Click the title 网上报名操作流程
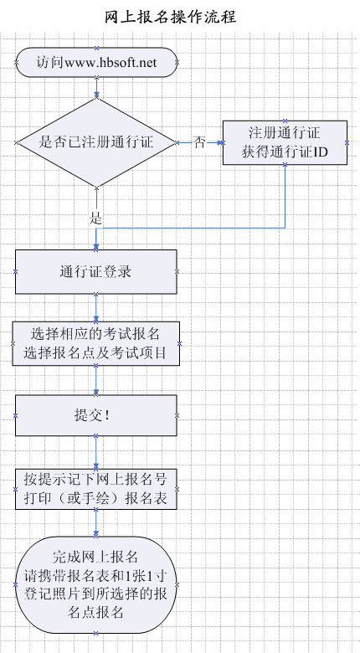(171, 17)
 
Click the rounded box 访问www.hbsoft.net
(96, 63)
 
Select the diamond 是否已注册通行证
(96, 142)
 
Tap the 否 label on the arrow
(199, 143)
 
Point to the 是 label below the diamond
(95, 219)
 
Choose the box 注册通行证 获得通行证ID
(285, 143)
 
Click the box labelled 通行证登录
(96, 271)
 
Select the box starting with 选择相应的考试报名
(96, 343)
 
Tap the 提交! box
(96, 415)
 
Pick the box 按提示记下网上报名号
(96, 489)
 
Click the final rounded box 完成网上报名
(96, 584)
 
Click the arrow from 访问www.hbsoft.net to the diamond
(96, 88)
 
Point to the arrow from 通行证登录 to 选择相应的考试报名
(96, 308)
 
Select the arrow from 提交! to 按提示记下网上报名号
(96, 453)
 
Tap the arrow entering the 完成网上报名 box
(96, 522)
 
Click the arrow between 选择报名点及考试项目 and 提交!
(96, 381)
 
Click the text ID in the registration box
(321, 152)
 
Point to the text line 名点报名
(95, 612)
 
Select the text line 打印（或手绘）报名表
(95, 498)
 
